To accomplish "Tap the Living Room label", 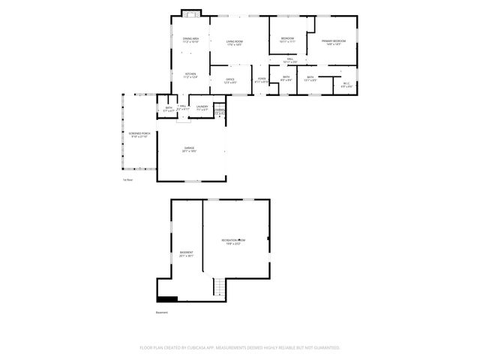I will tap(235, 43).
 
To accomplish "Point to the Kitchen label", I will tap(190, 75).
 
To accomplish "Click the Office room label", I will tap(230, 80).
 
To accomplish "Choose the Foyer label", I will tap(262, 80).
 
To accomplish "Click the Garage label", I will tap(189, 150).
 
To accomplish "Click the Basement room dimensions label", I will tap(186, 256).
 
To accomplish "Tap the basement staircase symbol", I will tap(218, 287).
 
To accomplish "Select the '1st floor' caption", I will tap(127, 180).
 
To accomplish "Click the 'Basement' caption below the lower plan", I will tap(161, 312).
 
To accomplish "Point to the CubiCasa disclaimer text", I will tap(240, 348).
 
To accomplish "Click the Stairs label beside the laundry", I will tap(220, 112).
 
